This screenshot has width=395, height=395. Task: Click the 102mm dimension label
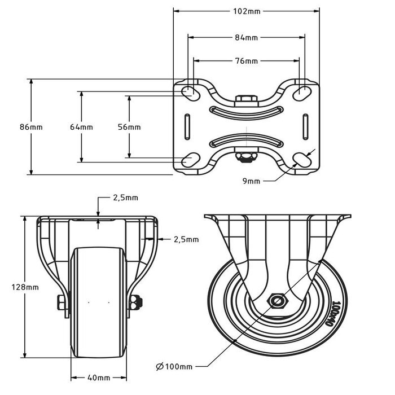[245, 11]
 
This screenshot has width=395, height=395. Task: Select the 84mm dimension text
[246, 38]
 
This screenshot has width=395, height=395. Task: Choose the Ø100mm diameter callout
[174, 367]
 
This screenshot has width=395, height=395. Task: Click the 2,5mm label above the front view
[125, 198]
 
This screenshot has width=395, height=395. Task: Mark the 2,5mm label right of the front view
[186, 239]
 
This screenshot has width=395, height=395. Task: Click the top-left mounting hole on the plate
[190, 91]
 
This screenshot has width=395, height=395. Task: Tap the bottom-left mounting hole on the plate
[190, 160]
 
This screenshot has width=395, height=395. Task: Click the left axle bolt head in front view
[60, 303]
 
